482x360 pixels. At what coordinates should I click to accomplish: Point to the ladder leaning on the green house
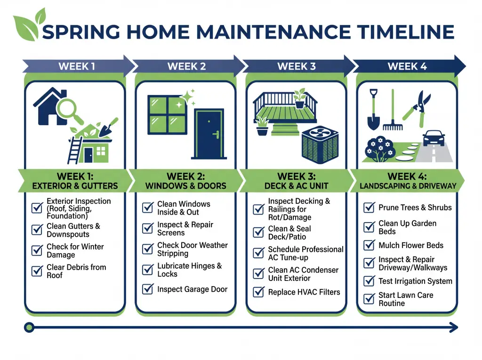75,148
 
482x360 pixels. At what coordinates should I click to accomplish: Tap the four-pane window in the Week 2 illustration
167,115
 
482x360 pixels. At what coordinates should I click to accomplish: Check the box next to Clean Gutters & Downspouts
37,230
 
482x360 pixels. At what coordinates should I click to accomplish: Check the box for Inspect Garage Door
148,289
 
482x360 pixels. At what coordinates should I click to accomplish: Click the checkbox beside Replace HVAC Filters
258,292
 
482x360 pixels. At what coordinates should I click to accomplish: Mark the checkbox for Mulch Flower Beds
369,245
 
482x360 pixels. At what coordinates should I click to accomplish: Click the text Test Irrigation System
415,281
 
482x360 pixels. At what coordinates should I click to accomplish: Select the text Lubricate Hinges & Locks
189,270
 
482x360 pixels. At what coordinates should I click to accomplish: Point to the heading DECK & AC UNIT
296,186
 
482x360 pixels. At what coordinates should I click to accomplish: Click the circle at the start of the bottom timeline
29,327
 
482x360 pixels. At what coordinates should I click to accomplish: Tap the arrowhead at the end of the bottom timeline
454,327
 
